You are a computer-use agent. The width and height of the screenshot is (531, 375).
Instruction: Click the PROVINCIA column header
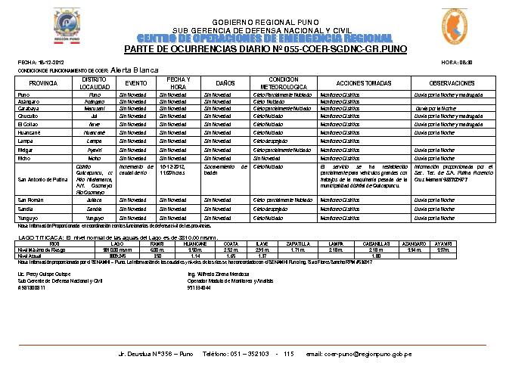pos(43,82)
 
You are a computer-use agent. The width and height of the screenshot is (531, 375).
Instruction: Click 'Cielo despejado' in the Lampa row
pos(269,141)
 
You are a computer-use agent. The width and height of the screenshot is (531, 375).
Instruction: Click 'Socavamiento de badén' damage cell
pos(225,169)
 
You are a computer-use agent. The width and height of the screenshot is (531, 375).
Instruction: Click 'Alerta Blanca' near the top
pos(135,69)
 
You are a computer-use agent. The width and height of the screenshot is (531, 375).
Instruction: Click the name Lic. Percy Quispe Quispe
pos(44,274)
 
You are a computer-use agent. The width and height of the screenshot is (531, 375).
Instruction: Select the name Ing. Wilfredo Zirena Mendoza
pos(217,274)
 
